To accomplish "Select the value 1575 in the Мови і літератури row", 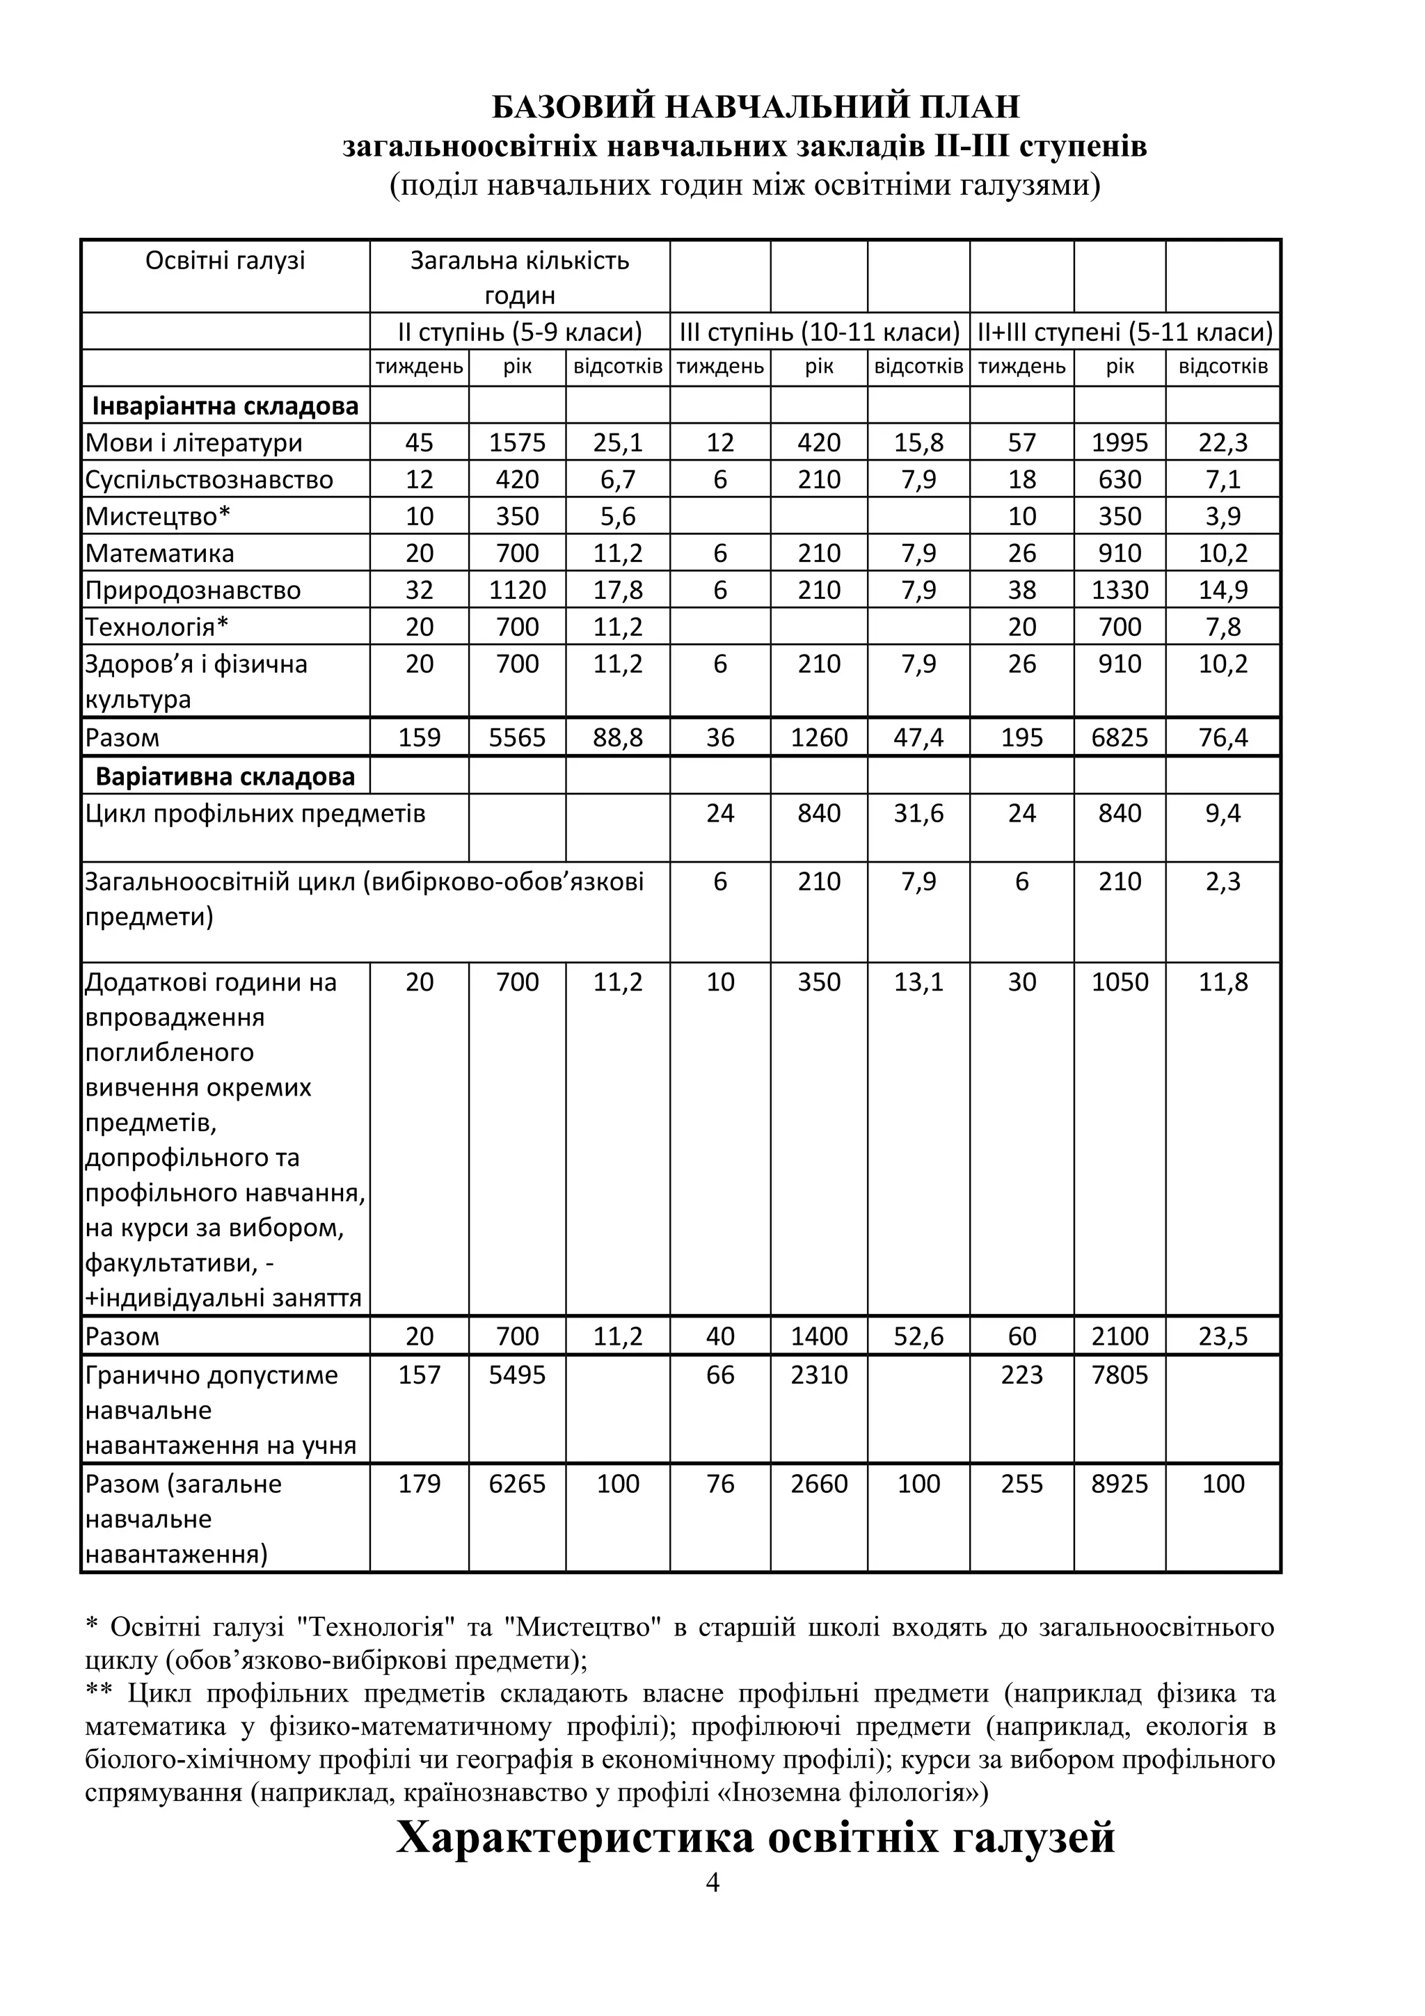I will [x=516, y=442].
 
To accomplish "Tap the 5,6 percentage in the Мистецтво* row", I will [x=617, y=516].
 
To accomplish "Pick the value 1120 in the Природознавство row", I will [x=516, y=590].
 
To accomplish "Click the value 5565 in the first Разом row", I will [x=516, y=737].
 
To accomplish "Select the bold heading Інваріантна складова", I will [x=225, y=406].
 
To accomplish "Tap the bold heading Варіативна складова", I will [x=225, y=777].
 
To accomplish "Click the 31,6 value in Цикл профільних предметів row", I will [x=918, y=813].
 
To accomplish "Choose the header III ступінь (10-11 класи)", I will [x=819, y=333].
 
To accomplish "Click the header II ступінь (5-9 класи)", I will [x=519, y=333].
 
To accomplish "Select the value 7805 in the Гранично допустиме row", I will [x=1120, y=1375].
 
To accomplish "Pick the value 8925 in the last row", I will [x=1120, y=1484].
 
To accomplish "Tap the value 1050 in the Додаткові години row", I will [x=1120, y=982].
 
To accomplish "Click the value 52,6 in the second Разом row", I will [x=918, y=1336].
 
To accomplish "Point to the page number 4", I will [x=712, y=1882].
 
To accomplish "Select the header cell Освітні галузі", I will [x=225, y=261].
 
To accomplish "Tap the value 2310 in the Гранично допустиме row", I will [x=818, y=1375].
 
